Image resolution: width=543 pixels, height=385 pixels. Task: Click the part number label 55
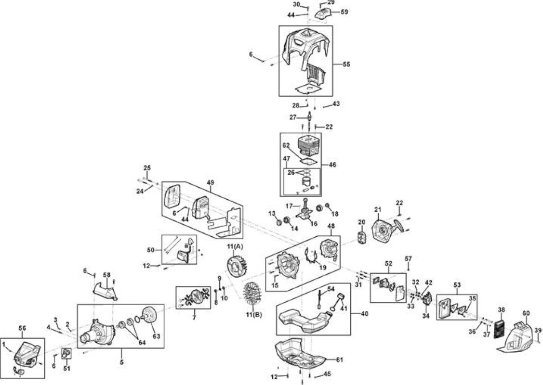tap(346, 64)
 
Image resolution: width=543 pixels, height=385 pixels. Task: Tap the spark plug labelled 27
tap(309, 117)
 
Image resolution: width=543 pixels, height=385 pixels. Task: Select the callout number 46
tap(332, 165)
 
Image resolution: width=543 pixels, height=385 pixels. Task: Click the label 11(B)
tap(254, 315)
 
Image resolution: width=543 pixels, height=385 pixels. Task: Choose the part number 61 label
tap(340, 360)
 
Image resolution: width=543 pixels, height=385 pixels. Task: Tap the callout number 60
tap(526, 313)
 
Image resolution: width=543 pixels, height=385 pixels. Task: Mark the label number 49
tap(210, 182)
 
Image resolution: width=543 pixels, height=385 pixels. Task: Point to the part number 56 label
tap(22, 328)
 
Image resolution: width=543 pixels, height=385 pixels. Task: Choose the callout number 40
tap(365, 314)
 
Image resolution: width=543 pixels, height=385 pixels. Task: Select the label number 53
tap(457, 285)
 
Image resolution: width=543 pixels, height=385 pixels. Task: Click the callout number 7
tap(194, 317)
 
